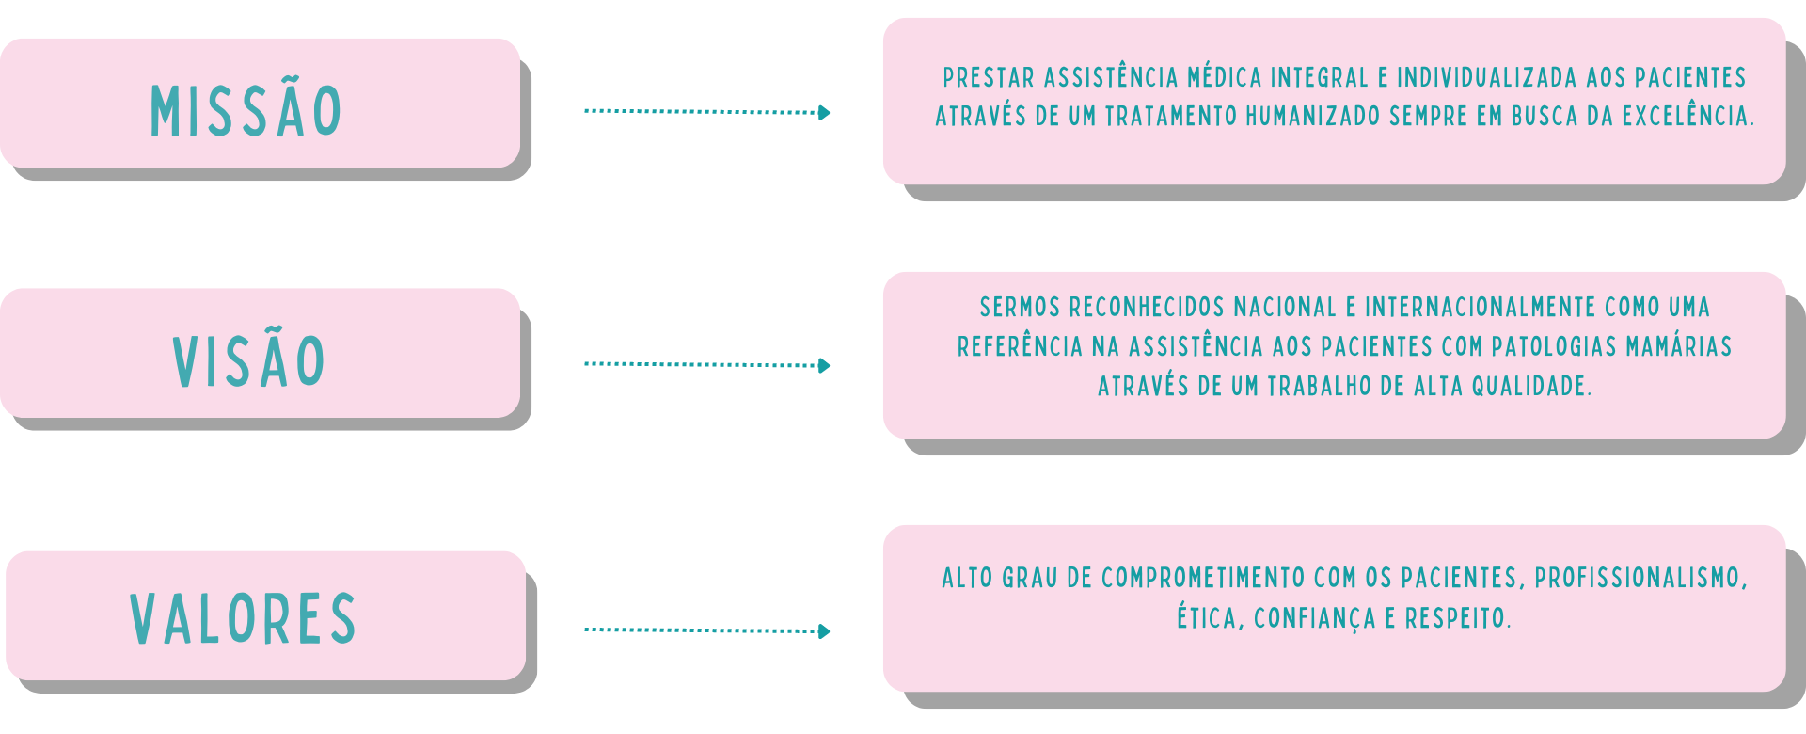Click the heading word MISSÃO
[x=246, y=111]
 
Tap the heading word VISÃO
[x=249, y=361]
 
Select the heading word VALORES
[x=244, y=619]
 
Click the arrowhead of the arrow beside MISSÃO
[x=825, y=113]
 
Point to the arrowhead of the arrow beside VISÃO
[x=825, y=365]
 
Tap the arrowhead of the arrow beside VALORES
[x=825, y=631]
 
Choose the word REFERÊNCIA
[x=1020, y=347]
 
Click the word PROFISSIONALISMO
[x=1640, y=578]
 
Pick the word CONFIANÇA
[x=1315, y=618]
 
